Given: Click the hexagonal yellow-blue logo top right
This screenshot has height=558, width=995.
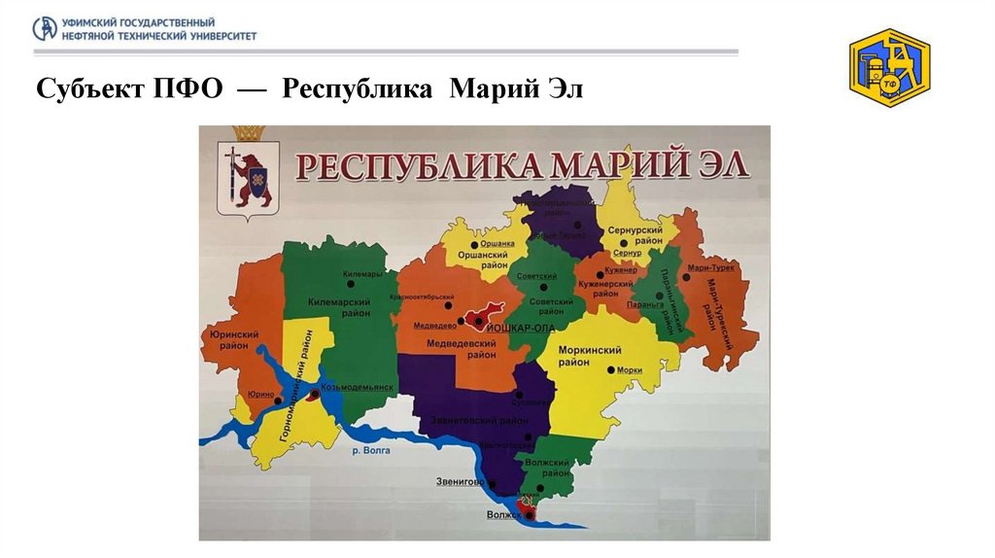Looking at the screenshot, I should pyautogui.click(x=889, y=67).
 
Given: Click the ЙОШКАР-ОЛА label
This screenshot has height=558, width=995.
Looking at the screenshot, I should pyautogui.click(x=524, y=329).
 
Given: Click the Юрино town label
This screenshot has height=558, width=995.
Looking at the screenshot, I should pyautogui.click(x=259, y=394).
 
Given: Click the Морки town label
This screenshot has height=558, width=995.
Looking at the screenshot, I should pyautogui.click(x=630, y=370).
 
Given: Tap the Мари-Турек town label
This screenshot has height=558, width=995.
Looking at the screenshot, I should pyautogui.click(x=710, y=267).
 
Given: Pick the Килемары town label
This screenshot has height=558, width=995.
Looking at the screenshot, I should pyautogui.click(x=362, y=274).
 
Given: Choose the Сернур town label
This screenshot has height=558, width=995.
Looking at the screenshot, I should pyautogui.click(x=628, y=253).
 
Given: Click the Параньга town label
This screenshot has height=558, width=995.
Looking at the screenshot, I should pyautogui.click(x=644, y=303).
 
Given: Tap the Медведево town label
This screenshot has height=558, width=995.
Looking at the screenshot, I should pyautogui.click(x=435, y=326).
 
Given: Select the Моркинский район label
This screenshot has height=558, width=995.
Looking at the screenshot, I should pyautogui.click(x=589, y=355).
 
